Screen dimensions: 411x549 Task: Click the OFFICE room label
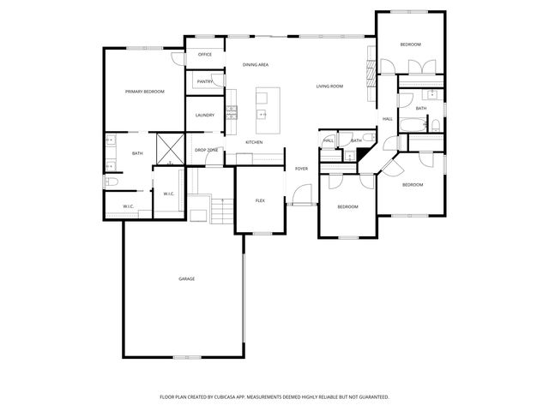pos(205,54)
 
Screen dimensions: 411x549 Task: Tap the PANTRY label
pos(205,81)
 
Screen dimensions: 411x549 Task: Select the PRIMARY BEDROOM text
pos(144,92)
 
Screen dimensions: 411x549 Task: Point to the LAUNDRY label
pos(204,115)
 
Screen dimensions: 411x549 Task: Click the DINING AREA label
pos(256,65)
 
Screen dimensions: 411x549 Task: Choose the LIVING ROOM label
pos(329,86)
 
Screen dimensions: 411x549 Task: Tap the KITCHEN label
pos(255,142)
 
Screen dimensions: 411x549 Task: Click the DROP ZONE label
pos(206,151)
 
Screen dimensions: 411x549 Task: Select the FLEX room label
pos(260,200)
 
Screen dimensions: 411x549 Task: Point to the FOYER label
pos(301,169)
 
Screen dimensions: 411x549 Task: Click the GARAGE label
pos(186,279)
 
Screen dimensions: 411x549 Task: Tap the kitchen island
pos(263,104)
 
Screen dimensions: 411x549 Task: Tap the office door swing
pos(178,58)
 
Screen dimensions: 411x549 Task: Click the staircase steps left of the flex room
pos(221,210)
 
